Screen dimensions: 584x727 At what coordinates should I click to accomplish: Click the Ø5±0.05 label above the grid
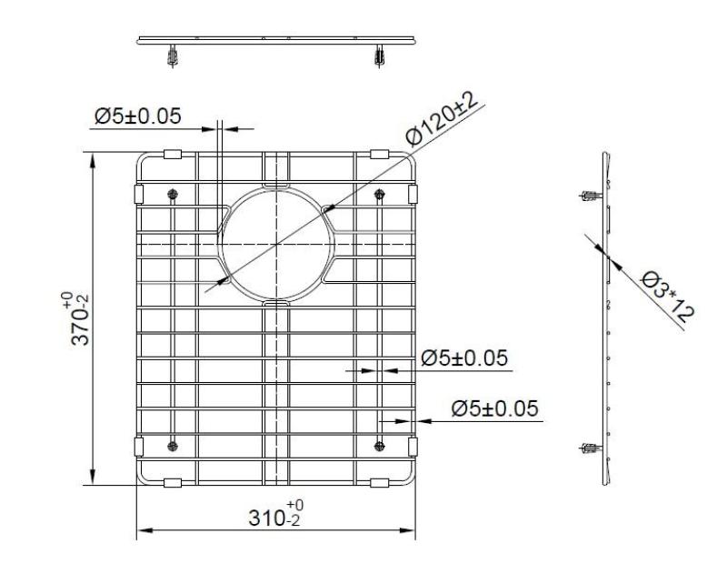point(137,116)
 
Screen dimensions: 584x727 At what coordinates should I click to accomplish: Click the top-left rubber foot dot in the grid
point(173,195)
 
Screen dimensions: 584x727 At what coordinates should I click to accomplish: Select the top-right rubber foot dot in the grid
point(380,194)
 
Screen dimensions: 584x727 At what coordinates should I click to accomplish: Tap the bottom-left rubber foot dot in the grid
point(173,444)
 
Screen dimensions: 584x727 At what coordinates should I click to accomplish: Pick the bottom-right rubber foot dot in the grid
point(380,444)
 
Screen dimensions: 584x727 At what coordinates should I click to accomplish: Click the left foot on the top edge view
point(172,56)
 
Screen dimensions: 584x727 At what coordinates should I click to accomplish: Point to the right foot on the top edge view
point(379,56)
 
